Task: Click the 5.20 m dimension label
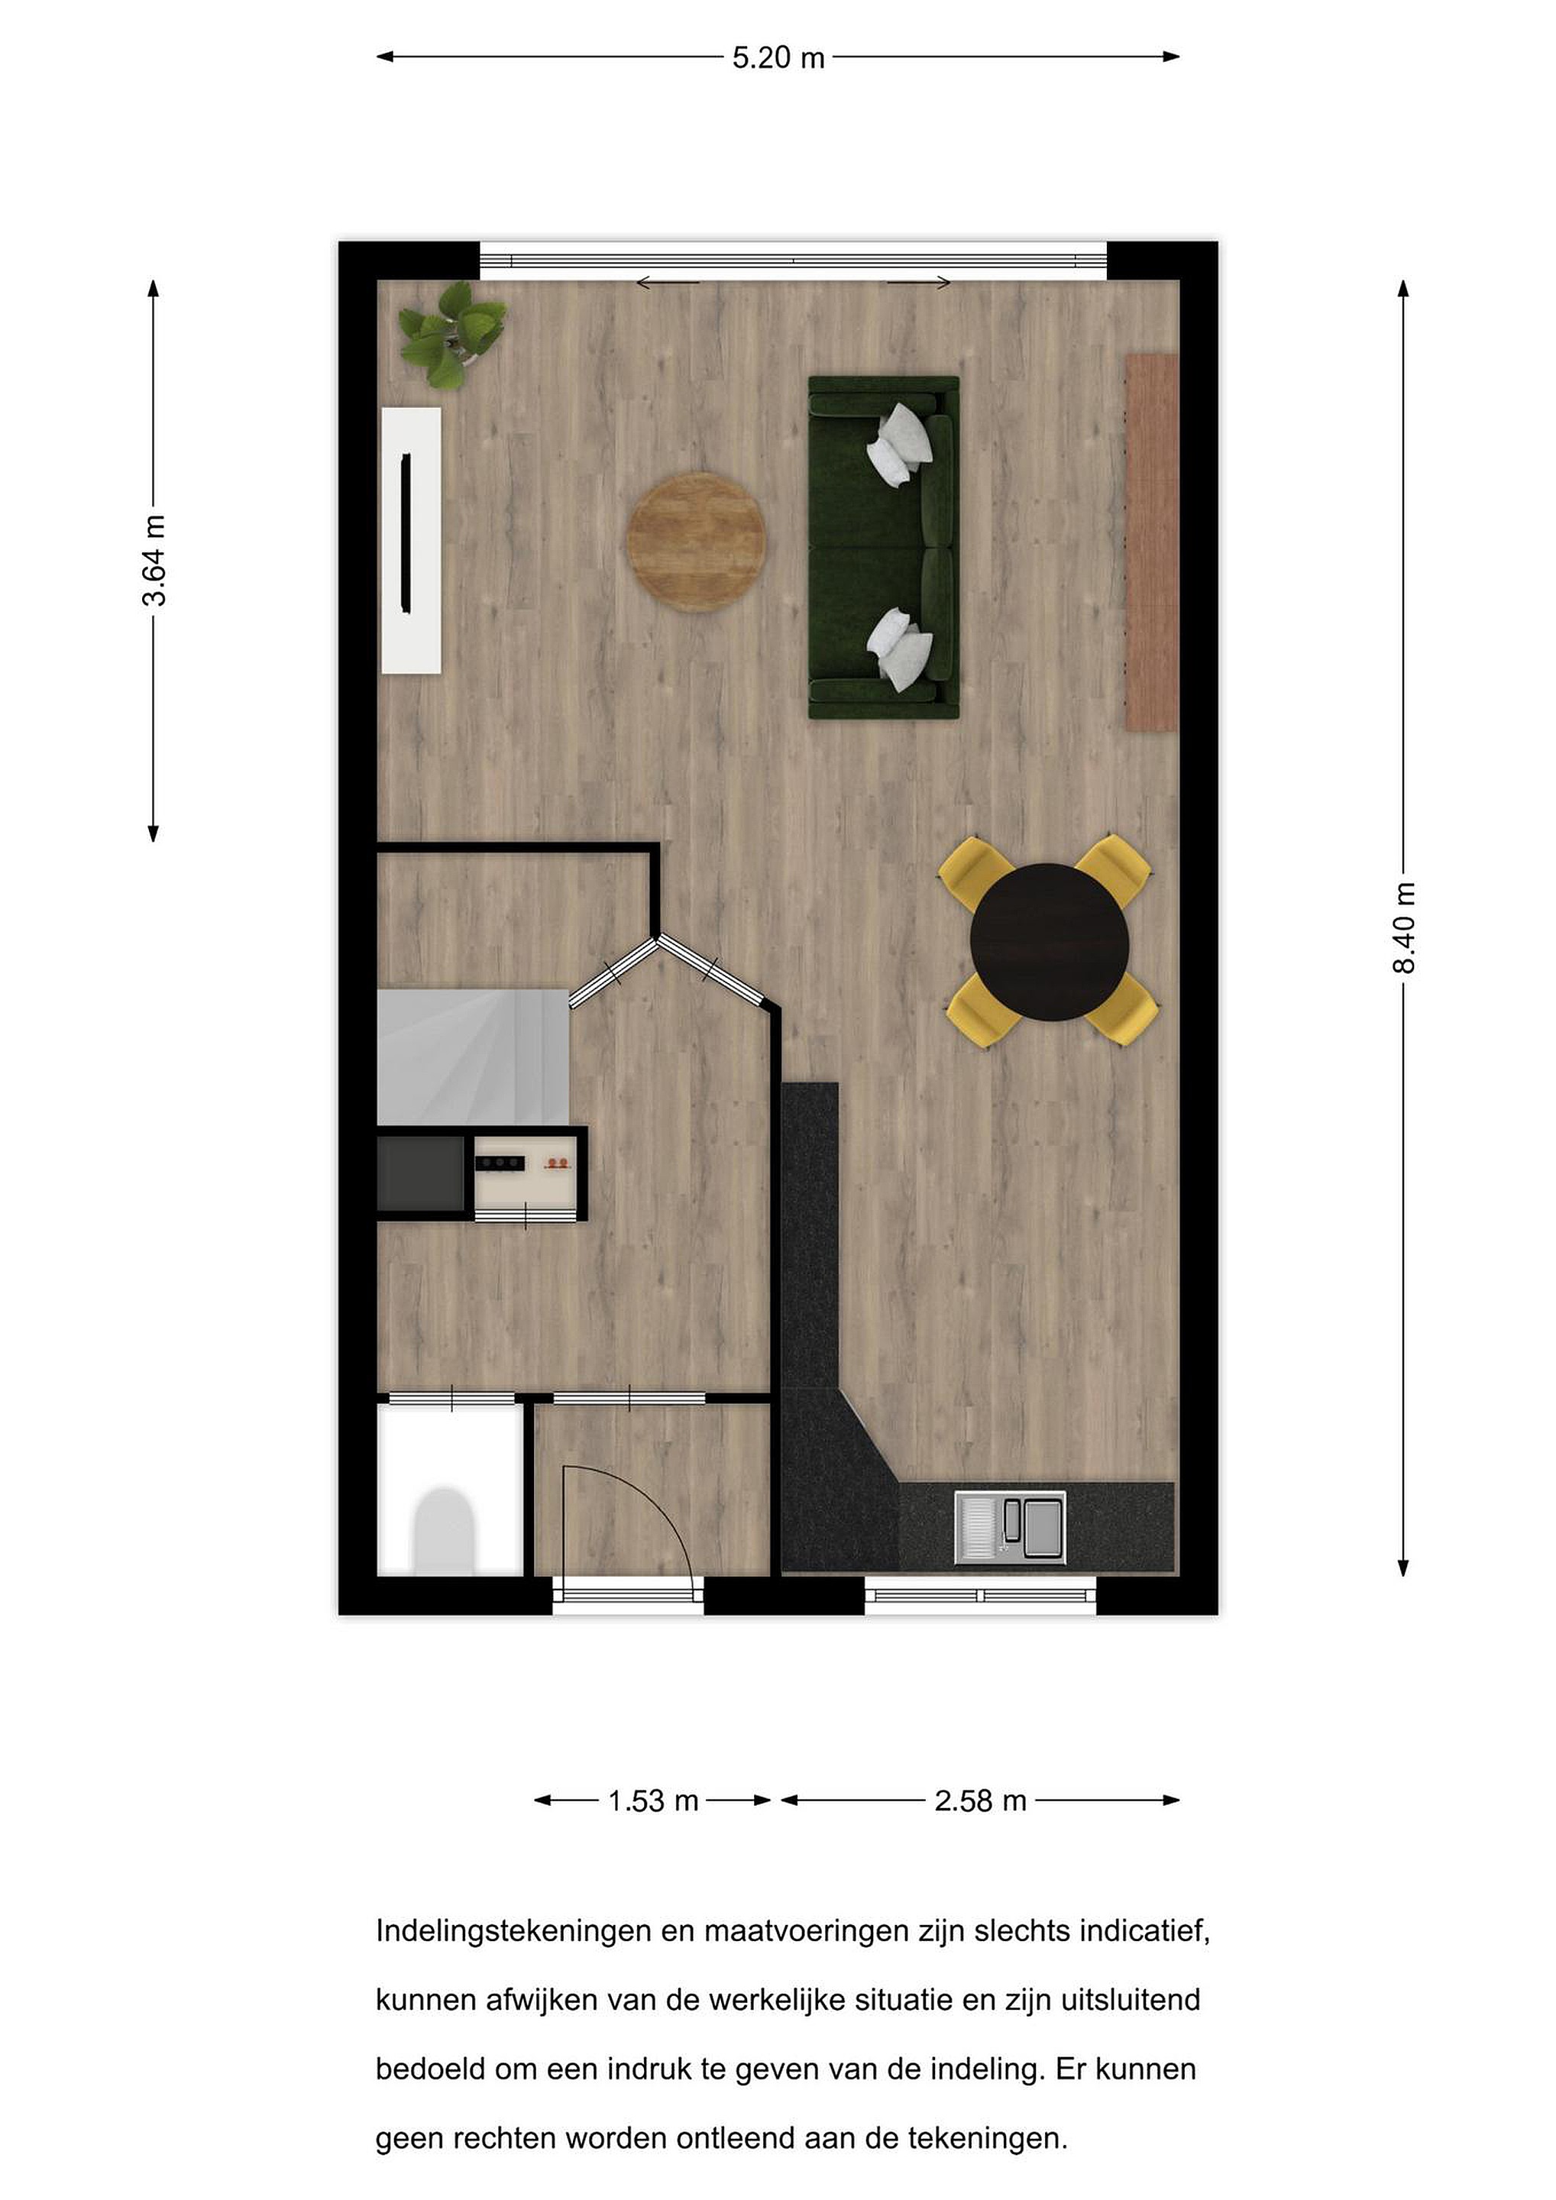tap(778, 57)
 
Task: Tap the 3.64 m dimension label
tap(154, 561)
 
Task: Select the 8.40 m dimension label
tap(1404, 927)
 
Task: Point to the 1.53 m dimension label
tap(652, 1800)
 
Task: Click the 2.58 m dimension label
tap(980, 1800)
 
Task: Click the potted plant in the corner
tap(451, 335)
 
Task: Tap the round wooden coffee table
tap(697, 542)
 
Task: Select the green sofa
tap(883, 547)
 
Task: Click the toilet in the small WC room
tap(442, 1531)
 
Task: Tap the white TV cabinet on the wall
tap(412, 540)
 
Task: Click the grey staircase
tap(474, 1057)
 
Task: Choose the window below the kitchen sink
tap(980, 1596)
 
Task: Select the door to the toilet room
tap(451, 1398)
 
